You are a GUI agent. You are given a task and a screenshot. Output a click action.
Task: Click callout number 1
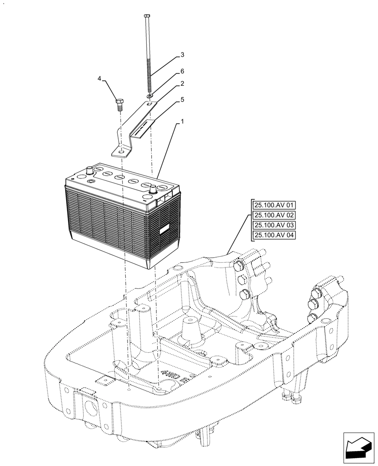point(182,122)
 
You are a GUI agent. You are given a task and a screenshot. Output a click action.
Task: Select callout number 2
point(182,84)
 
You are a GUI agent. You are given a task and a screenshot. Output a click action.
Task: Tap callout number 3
point(182,55)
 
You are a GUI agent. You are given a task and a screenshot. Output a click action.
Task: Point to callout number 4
point(99,79)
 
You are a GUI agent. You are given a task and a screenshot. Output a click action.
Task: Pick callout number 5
point(182,100)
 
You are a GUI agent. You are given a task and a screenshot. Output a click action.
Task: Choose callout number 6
point(182,71)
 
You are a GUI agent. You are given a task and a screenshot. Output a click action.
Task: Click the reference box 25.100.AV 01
point(274,205)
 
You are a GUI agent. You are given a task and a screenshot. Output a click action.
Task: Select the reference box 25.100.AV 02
point(274,215)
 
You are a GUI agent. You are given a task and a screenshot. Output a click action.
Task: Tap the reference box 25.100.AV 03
point(274,225)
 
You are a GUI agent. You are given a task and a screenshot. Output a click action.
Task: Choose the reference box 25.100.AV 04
point(274,235)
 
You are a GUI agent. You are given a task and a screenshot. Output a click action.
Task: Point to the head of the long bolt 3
point(147,16)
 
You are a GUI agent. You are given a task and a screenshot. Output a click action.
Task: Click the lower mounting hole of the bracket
point(121,151)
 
